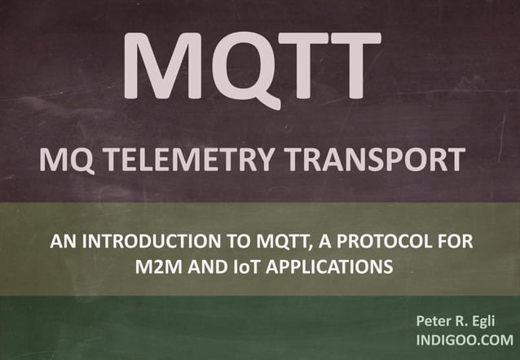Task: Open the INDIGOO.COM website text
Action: point(465,340)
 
